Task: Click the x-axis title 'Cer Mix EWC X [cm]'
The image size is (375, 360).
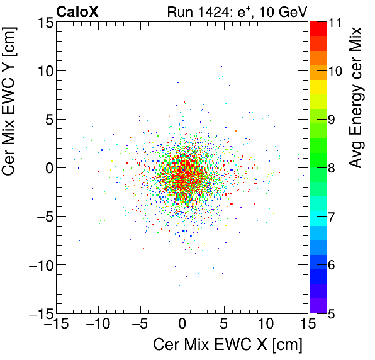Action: coord(228,346)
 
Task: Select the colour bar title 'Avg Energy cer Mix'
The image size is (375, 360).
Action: coord(357,98)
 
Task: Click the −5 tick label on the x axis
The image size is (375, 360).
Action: coord(138,325)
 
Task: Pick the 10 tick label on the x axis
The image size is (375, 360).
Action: coord(266,325)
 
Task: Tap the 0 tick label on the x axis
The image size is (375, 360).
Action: coord(182,325)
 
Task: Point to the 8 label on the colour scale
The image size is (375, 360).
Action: coord(335,168)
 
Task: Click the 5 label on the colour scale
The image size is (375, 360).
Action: coord(335,313)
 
